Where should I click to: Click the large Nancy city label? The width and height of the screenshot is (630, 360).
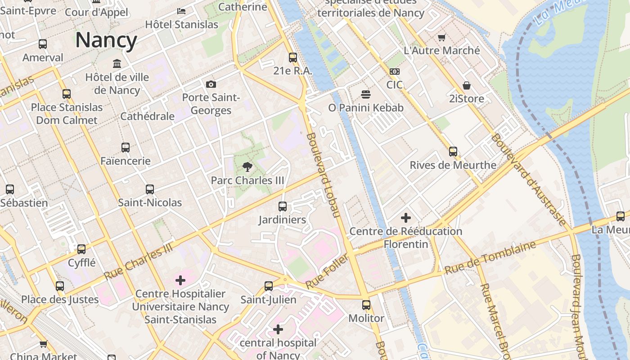tap(106, 40)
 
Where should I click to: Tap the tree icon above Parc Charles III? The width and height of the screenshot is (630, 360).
tap(247, 167)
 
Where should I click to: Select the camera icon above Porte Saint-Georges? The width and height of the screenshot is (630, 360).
tap(211, 84)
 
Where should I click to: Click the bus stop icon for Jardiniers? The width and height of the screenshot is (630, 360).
tap(283, 207)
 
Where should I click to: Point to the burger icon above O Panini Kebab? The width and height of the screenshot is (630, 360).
tap(366, 94)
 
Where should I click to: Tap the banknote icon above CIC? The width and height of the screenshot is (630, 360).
tap(394, 72)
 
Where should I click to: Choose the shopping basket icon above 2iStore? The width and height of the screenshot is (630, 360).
tap(466, 85)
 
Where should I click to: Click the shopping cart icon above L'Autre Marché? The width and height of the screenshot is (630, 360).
tap(442, 37)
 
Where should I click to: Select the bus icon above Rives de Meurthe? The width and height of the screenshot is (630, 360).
tap(453, 152)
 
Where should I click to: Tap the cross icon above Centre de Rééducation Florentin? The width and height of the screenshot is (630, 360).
tap(406, 218)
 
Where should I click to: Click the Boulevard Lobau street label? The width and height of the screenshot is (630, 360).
tap(323, 175)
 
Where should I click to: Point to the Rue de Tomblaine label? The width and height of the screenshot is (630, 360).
tap(490, 258)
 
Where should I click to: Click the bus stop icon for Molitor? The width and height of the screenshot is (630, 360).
tap(366, 305)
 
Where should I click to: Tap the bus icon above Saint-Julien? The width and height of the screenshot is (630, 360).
tap(269, 286)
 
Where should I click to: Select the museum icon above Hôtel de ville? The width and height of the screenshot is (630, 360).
tap(117, 63)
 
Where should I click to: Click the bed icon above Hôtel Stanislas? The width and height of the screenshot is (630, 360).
tap(181, 11)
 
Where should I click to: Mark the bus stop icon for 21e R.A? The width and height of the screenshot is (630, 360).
tap(293, 57)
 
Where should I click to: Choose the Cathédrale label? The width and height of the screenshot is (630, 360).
tap(147, 116)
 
